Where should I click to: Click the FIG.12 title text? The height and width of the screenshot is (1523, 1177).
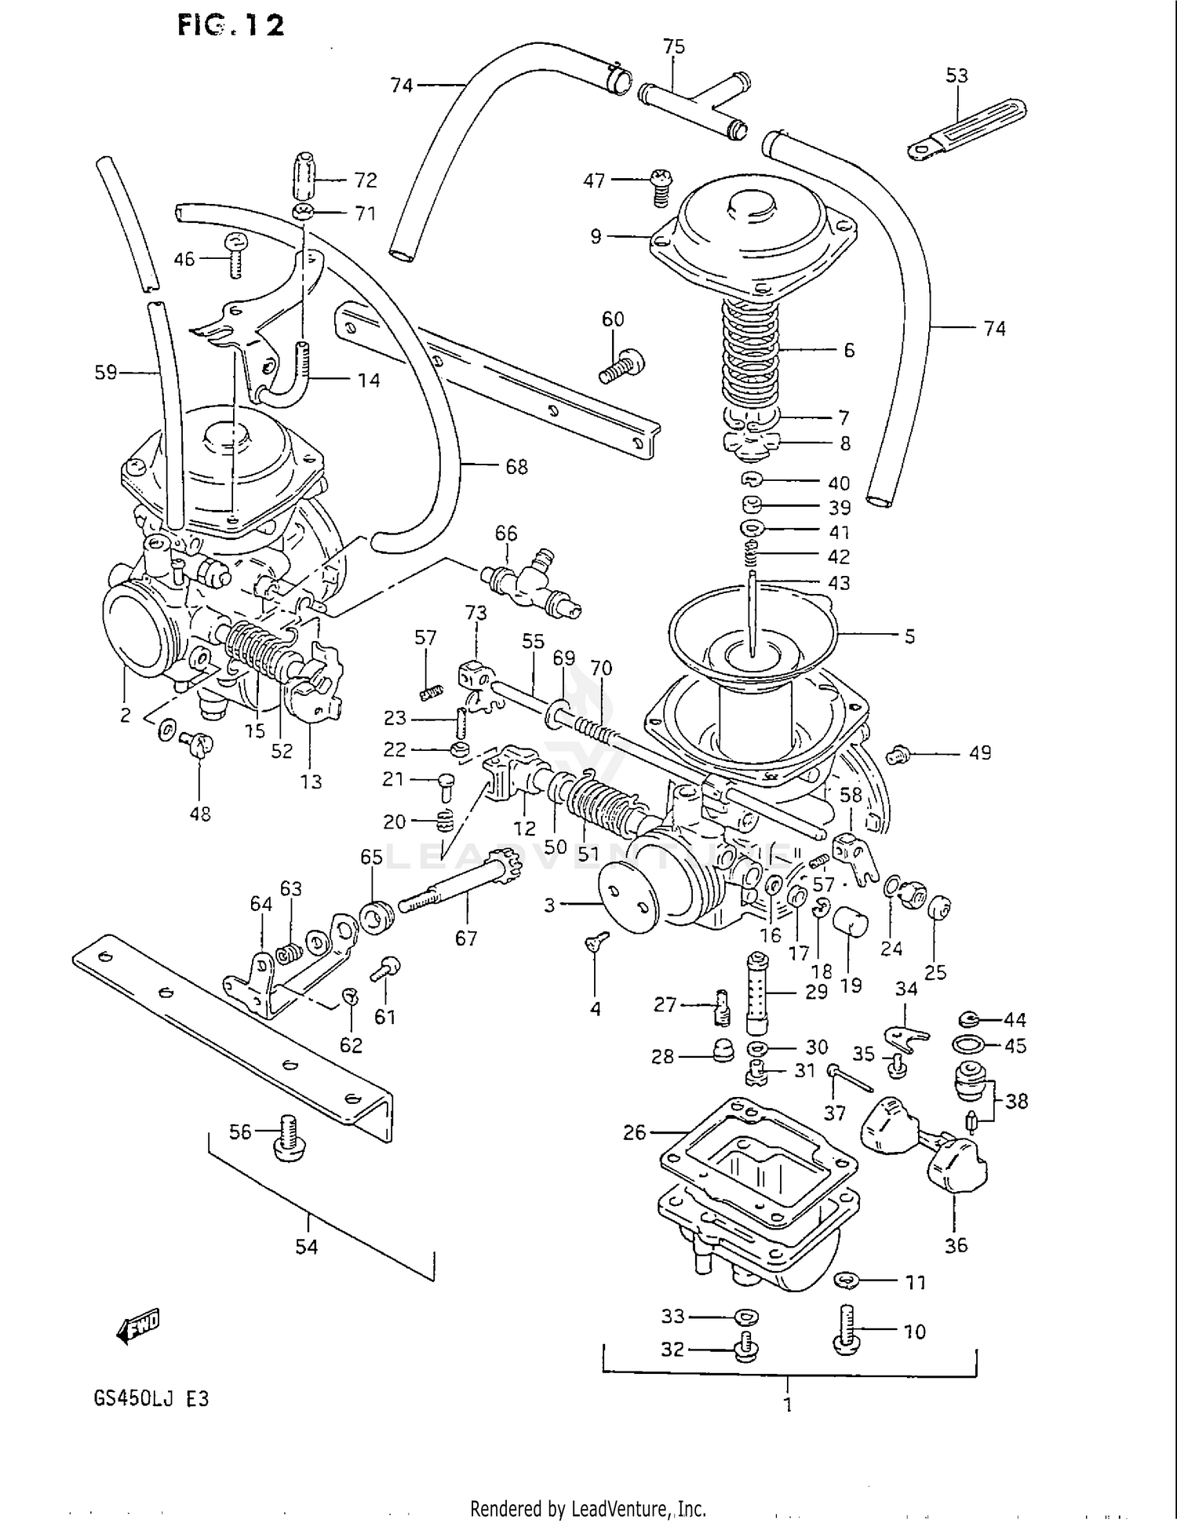[x=230, y=25]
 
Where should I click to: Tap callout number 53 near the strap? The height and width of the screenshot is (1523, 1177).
[x=957, y=75]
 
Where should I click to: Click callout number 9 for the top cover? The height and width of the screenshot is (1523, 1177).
[x=596, y=235]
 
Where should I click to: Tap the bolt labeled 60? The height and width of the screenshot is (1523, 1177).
[x=622, y=366]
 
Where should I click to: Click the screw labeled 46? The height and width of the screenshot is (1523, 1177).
[x=235, y=255]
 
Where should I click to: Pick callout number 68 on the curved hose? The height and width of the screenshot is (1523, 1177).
[x=516, y=467]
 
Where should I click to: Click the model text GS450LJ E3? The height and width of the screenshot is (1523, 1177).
[x=151, y=1398]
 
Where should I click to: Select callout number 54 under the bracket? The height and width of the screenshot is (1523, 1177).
[x=307, y=1246]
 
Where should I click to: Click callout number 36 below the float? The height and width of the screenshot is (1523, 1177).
[x=956, y=1244]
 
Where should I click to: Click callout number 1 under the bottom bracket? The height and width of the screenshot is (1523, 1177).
[x=788, y=1405]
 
